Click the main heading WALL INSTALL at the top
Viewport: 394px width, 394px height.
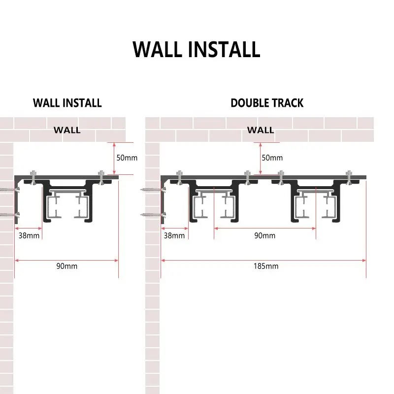tap(197, 49)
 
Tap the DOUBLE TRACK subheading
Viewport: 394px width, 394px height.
tap(267, 103)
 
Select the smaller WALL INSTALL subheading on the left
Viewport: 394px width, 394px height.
tap(67, 103)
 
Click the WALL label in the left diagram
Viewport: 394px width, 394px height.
tap(67, 131)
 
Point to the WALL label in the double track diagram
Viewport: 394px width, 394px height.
tap(261, 131)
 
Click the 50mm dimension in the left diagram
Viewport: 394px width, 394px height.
tap(127, 158)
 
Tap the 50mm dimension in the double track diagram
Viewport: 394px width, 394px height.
tap(272, 158)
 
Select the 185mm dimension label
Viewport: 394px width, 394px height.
tap(266, 266)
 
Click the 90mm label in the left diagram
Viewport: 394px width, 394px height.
tap(67, 266)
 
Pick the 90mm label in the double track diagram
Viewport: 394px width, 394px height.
tap(265, 235)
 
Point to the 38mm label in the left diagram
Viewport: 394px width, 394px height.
tap(29, 235)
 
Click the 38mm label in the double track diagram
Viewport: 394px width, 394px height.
tap(174, 235)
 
